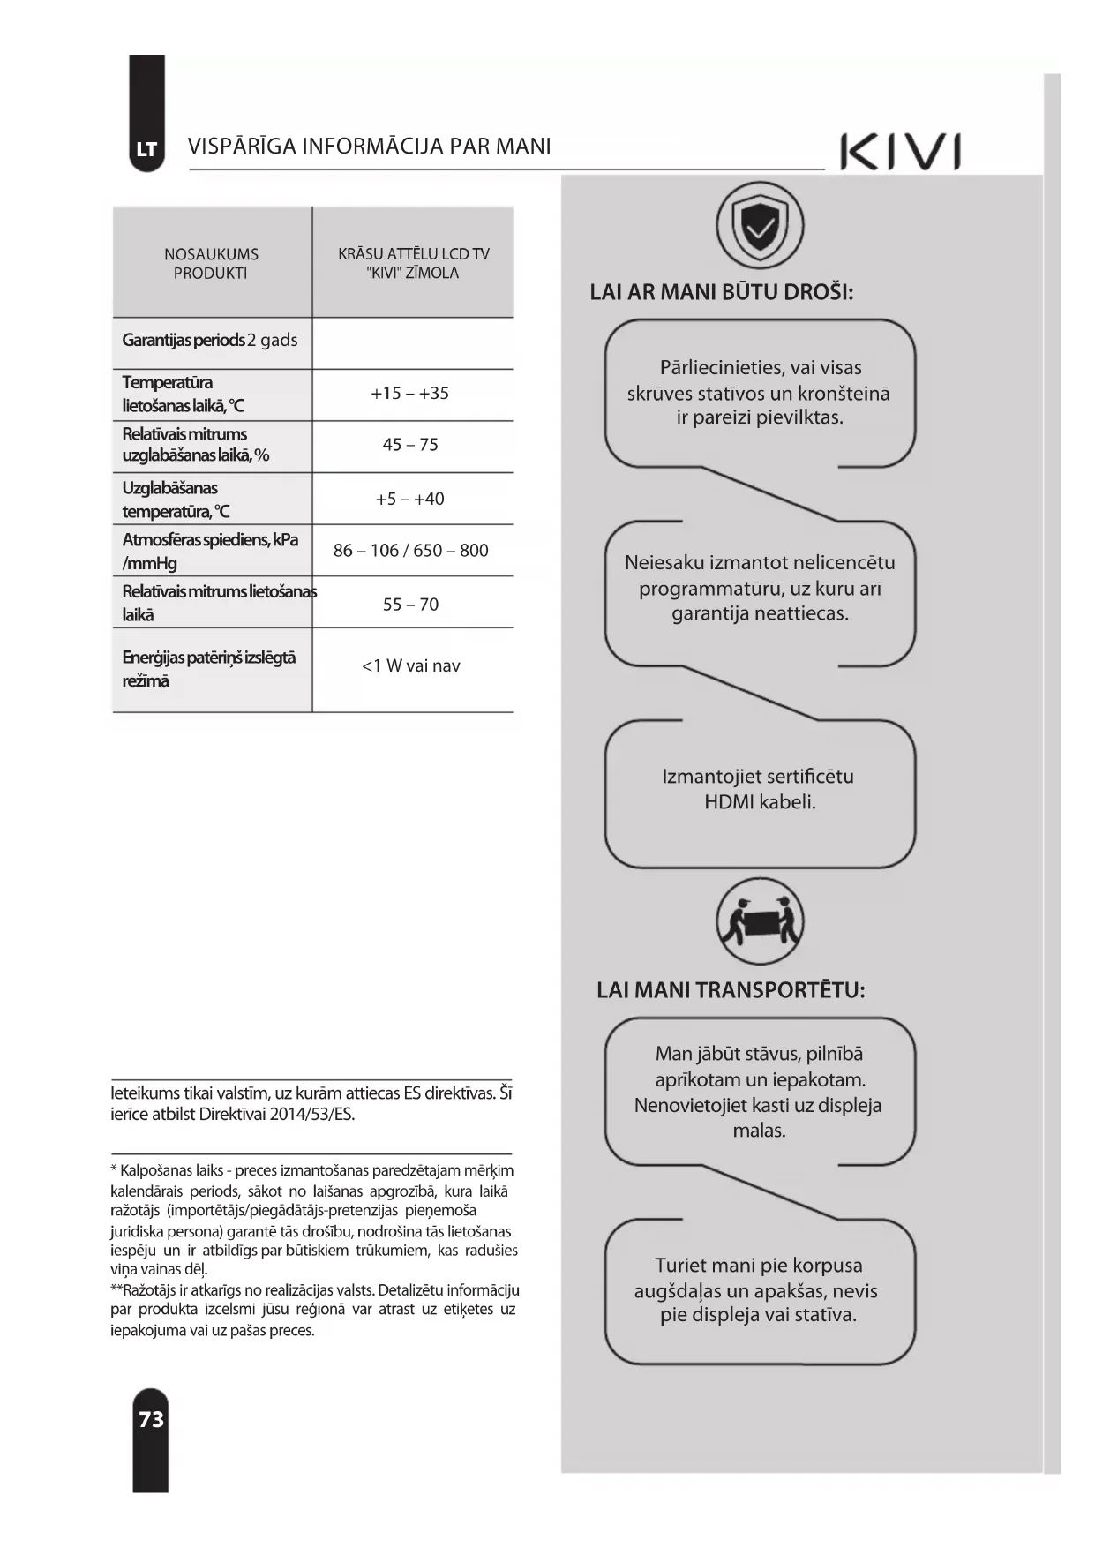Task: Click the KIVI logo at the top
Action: (900, 152)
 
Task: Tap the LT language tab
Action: (146, 149)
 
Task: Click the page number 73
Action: (151, 1419)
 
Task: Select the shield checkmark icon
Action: (760, 226)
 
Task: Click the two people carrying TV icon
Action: (760, 923)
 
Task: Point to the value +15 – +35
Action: (410, 394)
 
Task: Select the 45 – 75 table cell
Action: (410, 445)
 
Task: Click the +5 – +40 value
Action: (410, 499)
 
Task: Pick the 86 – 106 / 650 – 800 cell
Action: (410, 551)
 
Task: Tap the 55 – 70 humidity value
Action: (410, 605)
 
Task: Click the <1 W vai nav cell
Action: (410, 666)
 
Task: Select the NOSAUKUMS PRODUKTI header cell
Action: (211, 264)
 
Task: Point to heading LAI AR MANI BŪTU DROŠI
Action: (721, 293)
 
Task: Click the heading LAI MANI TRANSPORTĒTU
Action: (731, 990)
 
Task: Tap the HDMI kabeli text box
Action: (759, 790)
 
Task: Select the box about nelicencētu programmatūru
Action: (760, 589)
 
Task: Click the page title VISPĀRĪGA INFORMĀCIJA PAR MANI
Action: (369, 147)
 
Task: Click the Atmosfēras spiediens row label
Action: (210, 551)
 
